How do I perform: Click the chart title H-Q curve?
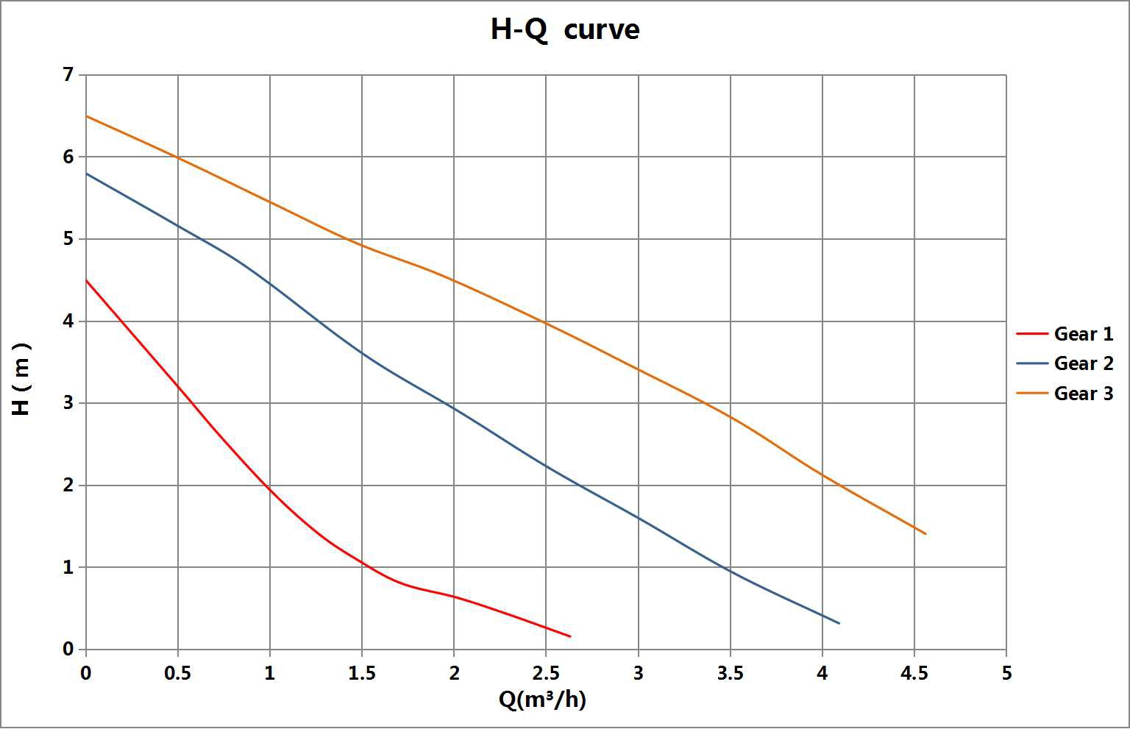pos(565,30)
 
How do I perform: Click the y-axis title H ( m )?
pos(22,378)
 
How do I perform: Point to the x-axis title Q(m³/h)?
pos(543,700)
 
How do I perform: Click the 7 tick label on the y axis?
pos(68,75)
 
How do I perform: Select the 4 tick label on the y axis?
pos(68,321)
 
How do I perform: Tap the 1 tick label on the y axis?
pos(68,567)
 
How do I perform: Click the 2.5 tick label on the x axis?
pos(546,673)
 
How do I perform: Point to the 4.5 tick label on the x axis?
pos(914,673)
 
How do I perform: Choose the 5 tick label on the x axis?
pos(1006,673)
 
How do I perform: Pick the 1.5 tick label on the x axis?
pos(362,673)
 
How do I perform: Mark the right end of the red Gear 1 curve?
pos(570,636)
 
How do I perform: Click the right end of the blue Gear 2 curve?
pos(839,624)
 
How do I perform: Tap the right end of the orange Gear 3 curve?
pos(925,534)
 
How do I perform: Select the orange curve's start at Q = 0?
pos(86,116)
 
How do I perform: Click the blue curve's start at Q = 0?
pos(86,174)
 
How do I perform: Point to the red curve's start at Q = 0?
pos(86,280)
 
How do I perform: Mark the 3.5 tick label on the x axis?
pos(731,673)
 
